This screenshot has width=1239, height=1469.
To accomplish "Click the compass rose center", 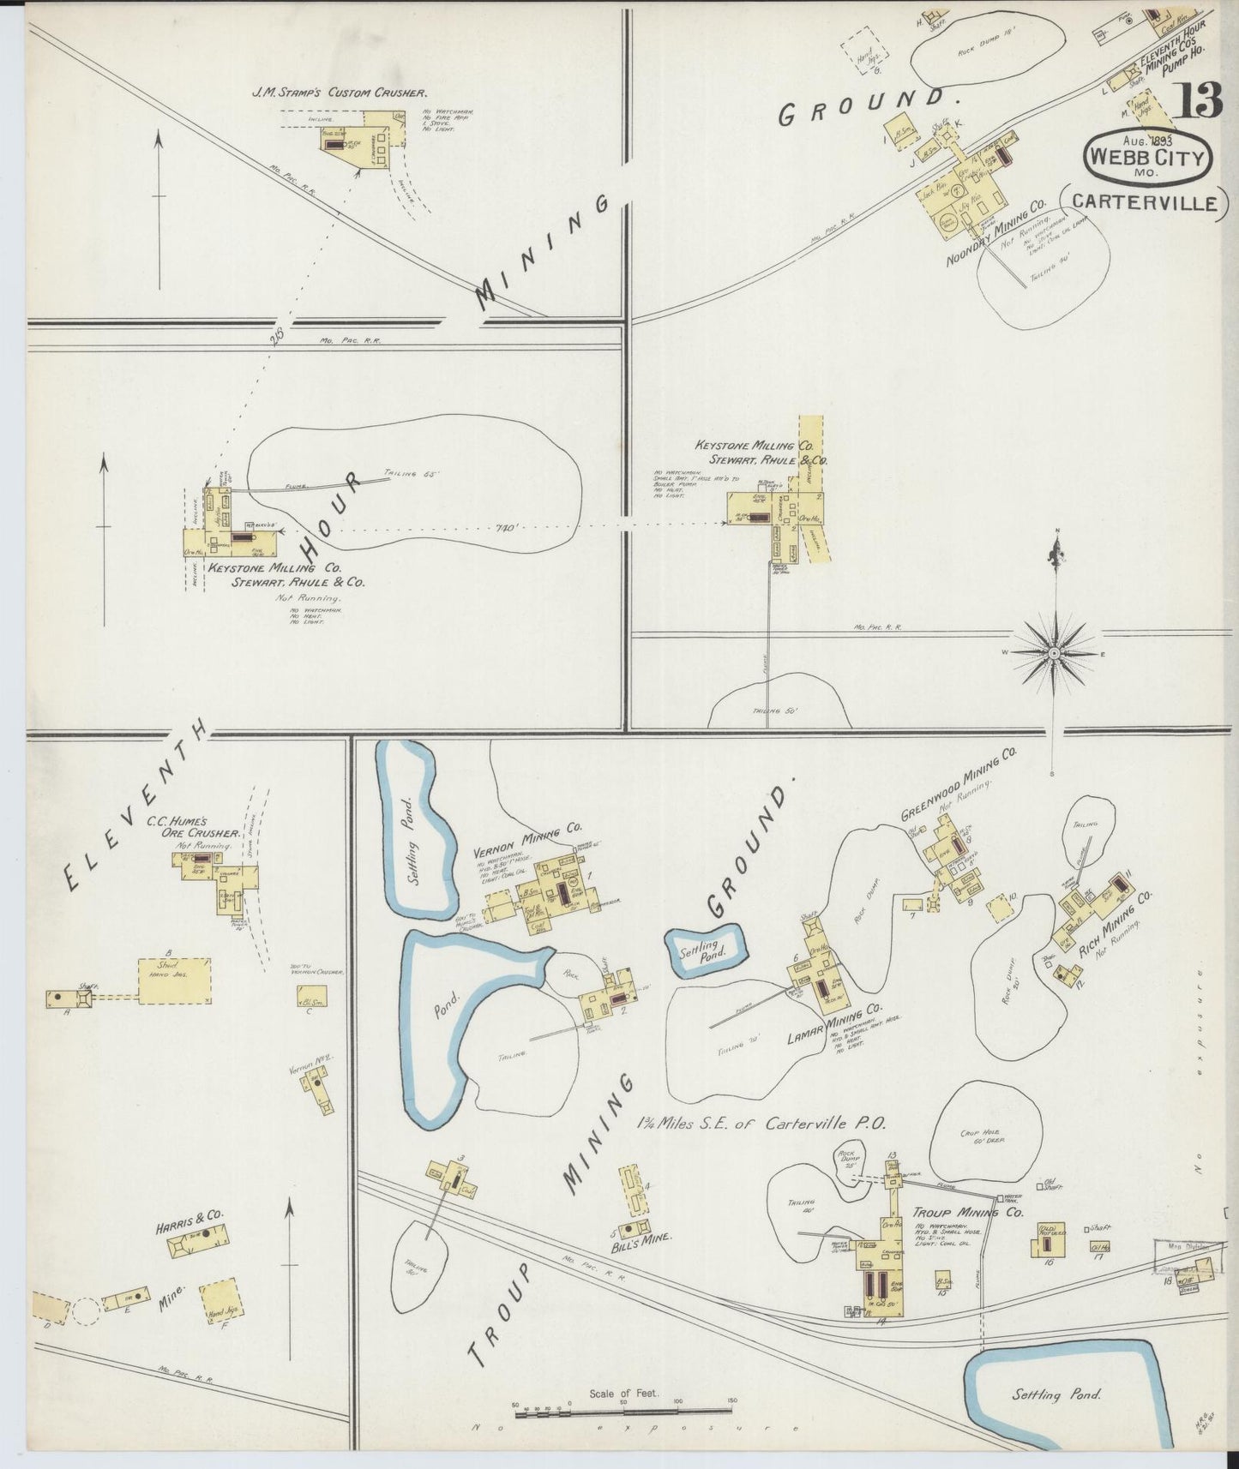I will point(1053,653).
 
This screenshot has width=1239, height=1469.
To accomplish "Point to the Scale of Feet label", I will point(623,1393).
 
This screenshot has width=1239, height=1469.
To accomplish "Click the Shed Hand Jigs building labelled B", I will point(175,980).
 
